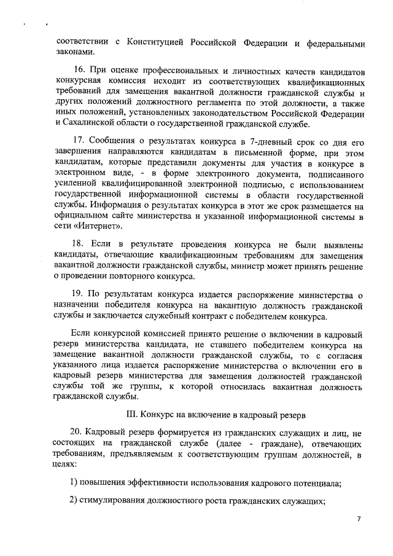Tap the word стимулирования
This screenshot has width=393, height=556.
click(115, 501)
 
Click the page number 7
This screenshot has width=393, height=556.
click(359, 520)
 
